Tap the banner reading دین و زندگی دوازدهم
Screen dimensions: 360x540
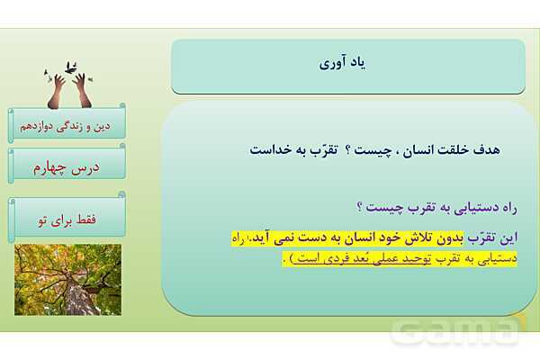coord(68,124)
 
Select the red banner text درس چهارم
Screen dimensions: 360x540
coord(68,166)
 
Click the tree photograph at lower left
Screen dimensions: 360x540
coord(67,279)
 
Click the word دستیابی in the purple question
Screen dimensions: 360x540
coord(459,208)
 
